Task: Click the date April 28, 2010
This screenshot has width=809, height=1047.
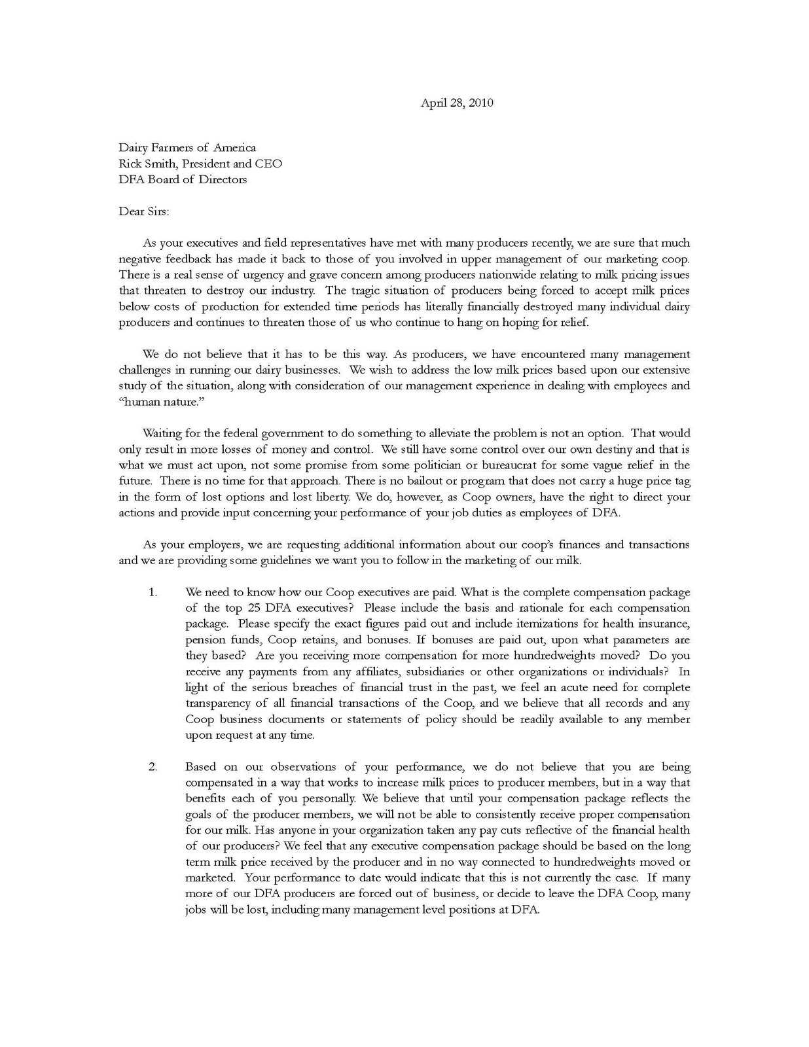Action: [456, 103]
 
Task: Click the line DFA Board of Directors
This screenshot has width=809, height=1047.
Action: [183, 179]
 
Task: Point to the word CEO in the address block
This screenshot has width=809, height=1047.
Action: [268, 164]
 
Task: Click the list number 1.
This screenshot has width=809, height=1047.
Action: [153, 592]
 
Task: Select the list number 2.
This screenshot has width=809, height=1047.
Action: [153, 767]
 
